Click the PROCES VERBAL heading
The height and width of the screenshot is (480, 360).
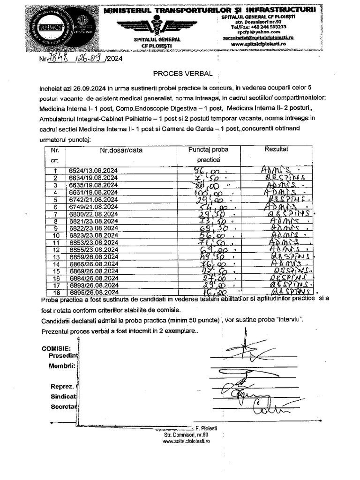coord(183,74)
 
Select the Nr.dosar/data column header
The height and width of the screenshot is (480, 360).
coord(121,150)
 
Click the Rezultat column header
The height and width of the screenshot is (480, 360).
coord(277,149)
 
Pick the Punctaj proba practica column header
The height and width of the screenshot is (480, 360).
coord(208,155)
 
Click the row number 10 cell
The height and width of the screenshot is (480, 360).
coord(56,235)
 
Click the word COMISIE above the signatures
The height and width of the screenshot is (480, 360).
coord(56,349)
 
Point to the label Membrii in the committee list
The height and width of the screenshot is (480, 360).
coord(63,366)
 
